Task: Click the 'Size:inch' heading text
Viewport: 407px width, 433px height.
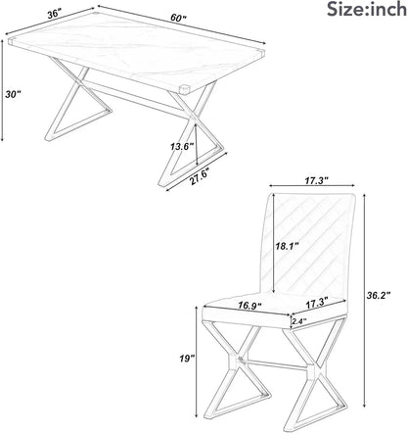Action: click(367, 9)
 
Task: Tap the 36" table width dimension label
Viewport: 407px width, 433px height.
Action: click(55, 14)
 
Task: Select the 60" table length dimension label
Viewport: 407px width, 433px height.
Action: click(178, 18)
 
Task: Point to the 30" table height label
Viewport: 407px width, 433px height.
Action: click(13, 94)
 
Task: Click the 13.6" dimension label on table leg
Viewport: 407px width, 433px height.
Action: click(182, 147)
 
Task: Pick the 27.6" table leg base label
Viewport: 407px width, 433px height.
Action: click(200, 176)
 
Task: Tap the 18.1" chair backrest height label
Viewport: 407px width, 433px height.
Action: click(287, 246)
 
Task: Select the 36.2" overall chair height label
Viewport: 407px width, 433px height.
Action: click(379, 296)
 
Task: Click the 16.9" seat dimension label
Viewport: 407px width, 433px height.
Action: click(249, 306)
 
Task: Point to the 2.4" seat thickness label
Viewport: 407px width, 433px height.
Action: click(299, 321)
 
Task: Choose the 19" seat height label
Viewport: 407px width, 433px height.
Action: click(187, 359)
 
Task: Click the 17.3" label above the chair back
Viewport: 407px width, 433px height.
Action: click(316, 180)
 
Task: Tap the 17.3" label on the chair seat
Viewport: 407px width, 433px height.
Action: click(317, 305)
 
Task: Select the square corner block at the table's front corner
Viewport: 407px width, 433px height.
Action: click(184, 89)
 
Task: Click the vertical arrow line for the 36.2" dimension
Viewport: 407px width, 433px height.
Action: click(364, 300)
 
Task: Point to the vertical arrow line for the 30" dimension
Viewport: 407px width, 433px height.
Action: click(2, 90)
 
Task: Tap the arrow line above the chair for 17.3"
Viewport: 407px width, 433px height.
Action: click(312, 186)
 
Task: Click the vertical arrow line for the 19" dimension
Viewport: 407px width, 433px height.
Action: click(197, 361)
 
